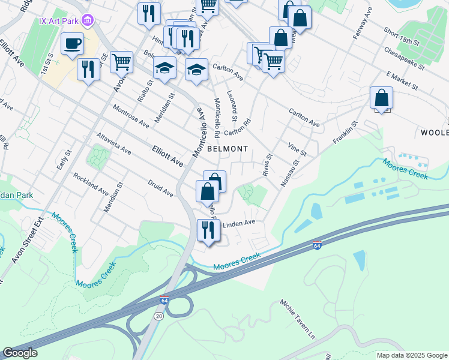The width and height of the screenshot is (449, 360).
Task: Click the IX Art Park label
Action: (59, 20)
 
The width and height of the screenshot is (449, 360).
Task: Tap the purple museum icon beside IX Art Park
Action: (88, 21)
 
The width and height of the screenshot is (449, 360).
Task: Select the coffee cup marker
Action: (72, 44)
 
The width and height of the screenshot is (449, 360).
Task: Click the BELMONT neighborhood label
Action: (228, 148)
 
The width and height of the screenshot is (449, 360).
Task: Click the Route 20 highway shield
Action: (158, 316)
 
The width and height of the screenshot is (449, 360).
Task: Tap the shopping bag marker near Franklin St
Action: (381, 97)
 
